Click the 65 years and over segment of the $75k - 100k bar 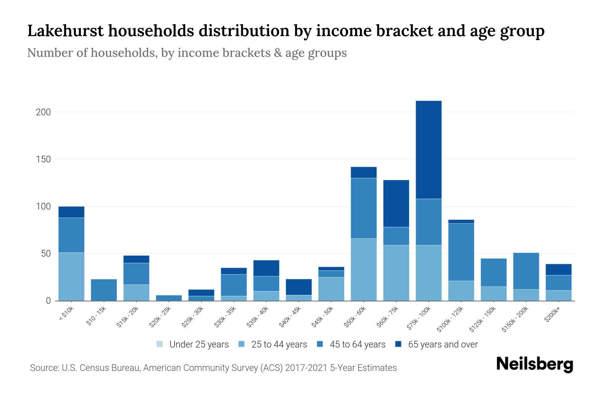coord(428,150)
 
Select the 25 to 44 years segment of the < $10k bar coord(71,277)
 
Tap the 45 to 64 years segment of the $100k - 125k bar coord(461,252)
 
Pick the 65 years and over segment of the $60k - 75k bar coord(396,204)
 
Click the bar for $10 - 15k coord(104,290)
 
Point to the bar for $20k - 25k coord(169,298)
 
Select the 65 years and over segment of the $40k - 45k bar coord(299,287)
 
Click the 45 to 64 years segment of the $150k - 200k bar coord(526,271)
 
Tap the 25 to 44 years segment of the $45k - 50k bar coord(331,289)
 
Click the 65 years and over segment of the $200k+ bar coord(558,270)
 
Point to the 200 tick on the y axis coord(43,112)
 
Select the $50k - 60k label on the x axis coord(355,317)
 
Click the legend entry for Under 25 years coord(192,344)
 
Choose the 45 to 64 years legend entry coord(351,344)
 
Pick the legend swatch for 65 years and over coord(398,344)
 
